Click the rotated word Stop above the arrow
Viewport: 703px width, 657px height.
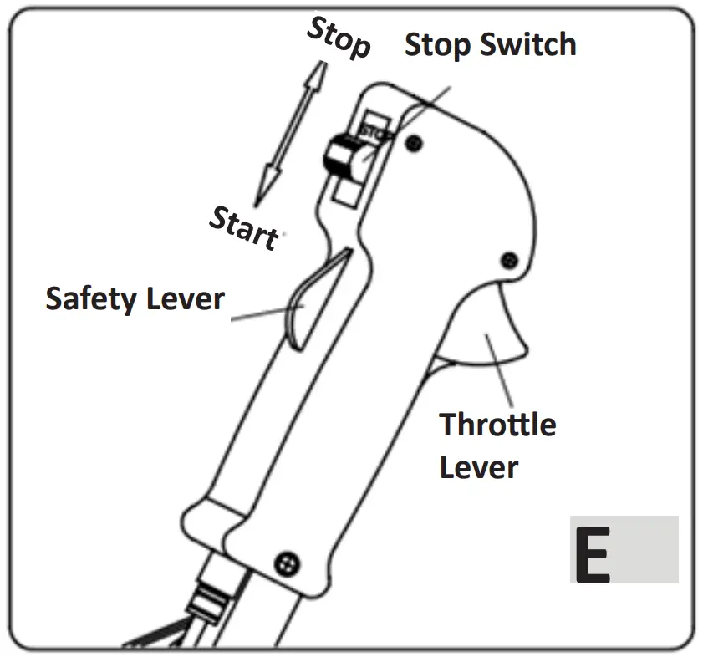coord(339,38)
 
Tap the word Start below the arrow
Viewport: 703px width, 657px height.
coord(242,227)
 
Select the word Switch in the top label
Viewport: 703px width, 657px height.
coord(529,44)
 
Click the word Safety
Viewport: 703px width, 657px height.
coord(94,298)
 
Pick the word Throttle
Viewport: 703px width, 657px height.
coord(497,425)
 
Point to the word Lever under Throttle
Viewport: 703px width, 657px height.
coord(478,466)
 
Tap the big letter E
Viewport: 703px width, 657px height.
coord(593,551)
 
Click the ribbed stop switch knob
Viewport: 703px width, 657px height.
coord(341,156)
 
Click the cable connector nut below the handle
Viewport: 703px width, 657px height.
coord(208,597)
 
